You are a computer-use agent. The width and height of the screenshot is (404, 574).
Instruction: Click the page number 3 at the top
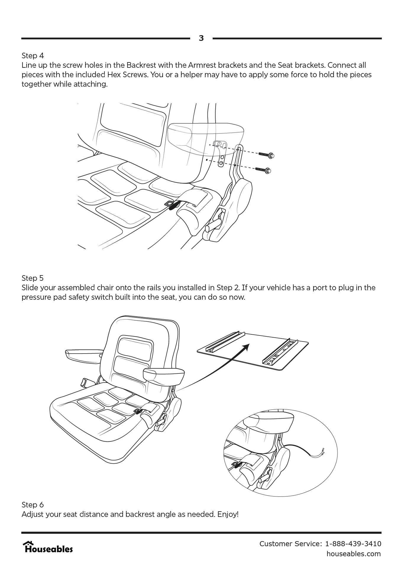click(201, 38)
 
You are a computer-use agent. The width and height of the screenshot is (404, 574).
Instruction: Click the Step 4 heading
click(33, 56)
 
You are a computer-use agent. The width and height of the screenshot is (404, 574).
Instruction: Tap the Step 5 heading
click(33, 278)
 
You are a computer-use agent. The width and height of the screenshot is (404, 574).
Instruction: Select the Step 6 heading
click(33, 505)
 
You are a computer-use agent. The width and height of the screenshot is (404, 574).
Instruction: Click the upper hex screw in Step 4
click(267, 155)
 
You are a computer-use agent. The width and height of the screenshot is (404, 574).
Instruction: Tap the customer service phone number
click(353, 544)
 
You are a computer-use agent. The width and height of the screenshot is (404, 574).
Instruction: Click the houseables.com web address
click(353, 554)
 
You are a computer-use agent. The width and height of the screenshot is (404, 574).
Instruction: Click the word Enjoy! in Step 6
click(228, 514)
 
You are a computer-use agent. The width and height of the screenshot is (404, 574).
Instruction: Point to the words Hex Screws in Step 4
click(127, 75)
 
